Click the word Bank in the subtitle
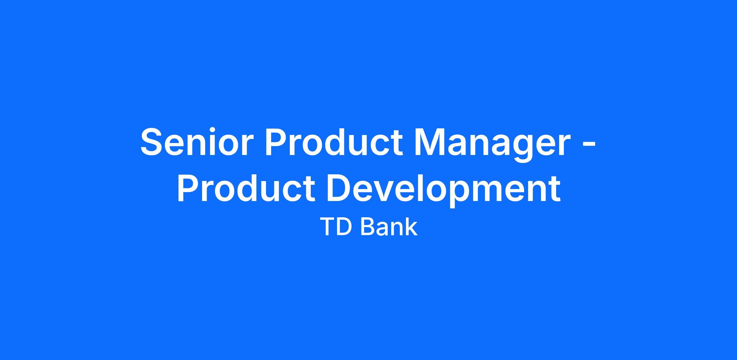click(389, 227)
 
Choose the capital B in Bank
click(368, 227)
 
